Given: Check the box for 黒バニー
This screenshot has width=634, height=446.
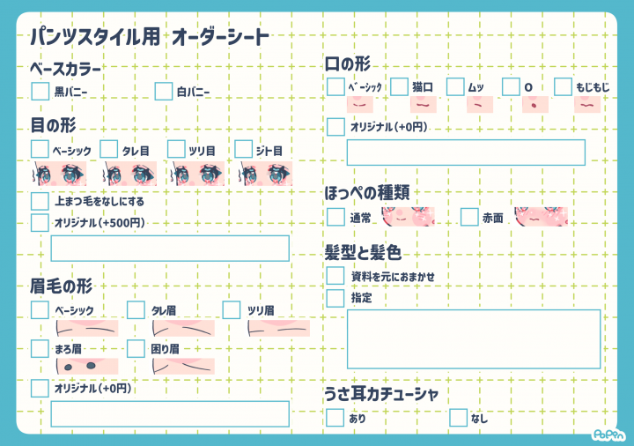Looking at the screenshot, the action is tap(40, 91).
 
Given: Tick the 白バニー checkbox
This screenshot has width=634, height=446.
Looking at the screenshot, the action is tap(164, 91).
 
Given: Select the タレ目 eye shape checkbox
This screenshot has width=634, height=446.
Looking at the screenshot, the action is tap(109, 149).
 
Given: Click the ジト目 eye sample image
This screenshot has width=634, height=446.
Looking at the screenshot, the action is tap(266, 174).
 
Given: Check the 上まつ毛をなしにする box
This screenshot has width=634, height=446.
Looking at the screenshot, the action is tap(40, 201).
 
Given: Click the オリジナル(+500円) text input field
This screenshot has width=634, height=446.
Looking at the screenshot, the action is tap(170, 248).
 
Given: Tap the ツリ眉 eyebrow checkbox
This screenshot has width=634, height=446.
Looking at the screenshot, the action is tap(232, 309).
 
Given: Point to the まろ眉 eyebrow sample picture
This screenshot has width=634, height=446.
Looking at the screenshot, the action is tap(87, 366).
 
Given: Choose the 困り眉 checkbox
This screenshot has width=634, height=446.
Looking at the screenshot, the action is tap(136, 348).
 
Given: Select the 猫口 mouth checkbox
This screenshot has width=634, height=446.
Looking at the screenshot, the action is tap(399, 86).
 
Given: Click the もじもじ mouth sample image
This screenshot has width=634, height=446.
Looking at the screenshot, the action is tap(587, 104).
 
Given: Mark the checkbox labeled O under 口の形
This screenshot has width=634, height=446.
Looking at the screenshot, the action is tap(511, 86).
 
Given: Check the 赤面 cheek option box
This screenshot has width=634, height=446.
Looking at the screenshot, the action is tap(469, 217).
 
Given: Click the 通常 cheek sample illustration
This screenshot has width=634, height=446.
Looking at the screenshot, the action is tap(408, 217).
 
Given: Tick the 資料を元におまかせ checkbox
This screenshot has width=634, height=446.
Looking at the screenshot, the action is tap(335, 276).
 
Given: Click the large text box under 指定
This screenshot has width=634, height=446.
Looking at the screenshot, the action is tap(474, 339).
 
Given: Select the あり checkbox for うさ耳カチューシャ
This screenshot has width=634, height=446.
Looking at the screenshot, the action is tap(335, 417).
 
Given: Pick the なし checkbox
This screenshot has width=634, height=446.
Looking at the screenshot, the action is tap(458, 417).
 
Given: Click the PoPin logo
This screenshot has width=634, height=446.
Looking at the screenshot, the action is tap(609, 435).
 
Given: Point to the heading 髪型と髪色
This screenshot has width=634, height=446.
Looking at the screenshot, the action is tap(363, 253).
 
